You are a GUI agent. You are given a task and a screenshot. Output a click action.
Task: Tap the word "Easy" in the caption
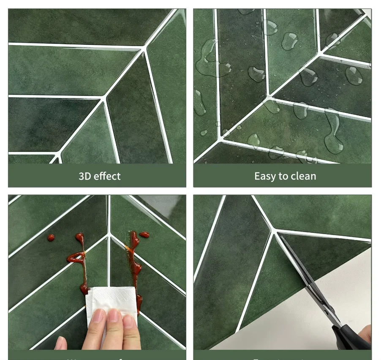(265, 176)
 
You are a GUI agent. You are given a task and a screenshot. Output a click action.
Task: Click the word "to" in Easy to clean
(283, 176)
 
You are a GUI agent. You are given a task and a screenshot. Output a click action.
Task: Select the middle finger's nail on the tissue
(114, 315)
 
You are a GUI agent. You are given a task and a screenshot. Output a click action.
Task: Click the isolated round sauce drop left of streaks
(51, 238)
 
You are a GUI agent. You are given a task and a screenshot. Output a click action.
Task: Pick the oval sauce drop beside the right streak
(144, 235)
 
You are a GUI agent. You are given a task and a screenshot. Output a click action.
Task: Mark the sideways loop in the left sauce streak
(76, 256)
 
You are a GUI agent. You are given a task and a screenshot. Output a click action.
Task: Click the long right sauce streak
(136, 262)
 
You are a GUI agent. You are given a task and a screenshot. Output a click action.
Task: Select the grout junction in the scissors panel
(274, 231)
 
